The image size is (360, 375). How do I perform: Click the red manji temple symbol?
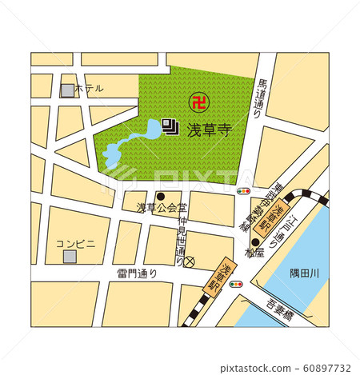pyautogui.click(x=197, y=101)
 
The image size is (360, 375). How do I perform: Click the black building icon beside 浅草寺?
pyautogui.click(x=170, y=126)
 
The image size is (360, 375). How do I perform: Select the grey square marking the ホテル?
pyautogui.click(x=67, y=90)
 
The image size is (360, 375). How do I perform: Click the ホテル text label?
pyautogui.click(x=89, y=90)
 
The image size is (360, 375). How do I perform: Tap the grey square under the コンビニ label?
pyautogui.click(x=70, y=256)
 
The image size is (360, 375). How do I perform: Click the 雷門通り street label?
pyautogui.click(x=137, y=273)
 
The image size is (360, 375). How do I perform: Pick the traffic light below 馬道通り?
pyautogui.click(x=244, y=192)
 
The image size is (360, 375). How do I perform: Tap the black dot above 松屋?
pyautogui.click(x=255, y=243)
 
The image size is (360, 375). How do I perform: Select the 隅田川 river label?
pyautogui.click(x=304, y=273)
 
